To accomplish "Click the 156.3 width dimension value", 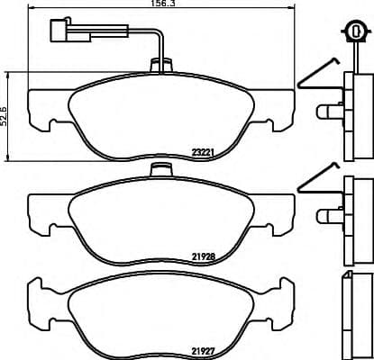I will click(x=161, y=4).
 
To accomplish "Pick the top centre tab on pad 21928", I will click(x=161, y=171).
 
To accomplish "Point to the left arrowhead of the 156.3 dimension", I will click(x=32, y=13).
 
